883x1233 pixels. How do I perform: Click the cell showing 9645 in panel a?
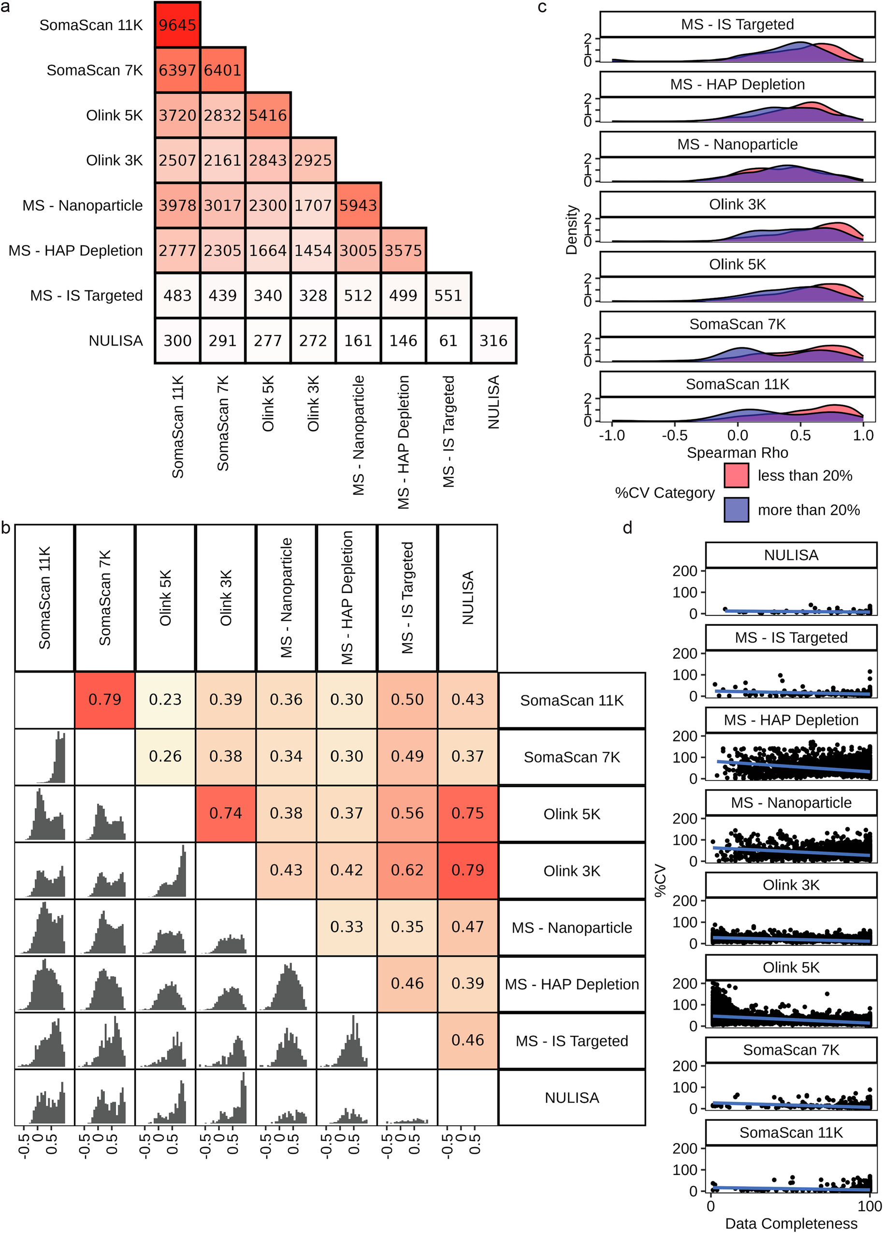(x=177, y=25)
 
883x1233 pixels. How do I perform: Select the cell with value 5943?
(x=358, y=205)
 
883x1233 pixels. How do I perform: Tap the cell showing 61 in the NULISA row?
(x=449, y=341)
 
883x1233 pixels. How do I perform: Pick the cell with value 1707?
(x=313, y=205)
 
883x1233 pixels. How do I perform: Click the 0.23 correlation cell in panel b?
(x=165, y=700)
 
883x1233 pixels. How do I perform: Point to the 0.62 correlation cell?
(x=407, y=870)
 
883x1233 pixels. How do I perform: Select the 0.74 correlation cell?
(x=226, y=813)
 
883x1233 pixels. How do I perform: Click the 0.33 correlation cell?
(x=347, y=927)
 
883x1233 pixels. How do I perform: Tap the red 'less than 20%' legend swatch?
(x=736, y=475)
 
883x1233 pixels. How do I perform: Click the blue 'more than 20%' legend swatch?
(x=736, y=510)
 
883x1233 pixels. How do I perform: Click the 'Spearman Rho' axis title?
(x=737, y=452)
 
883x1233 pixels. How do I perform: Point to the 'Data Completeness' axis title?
(x=791, y=1223)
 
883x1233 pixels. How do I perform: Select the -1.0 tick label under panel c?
(x=612, y=436)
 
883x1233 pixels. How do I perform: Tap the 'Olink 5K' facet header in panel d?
(x=791, y=968)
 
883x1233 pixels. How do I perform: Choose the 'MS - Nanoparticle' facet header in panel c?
(x=737, y=144)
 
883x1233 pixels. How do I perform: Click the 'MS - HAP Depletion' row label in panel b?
(x=572, y=984)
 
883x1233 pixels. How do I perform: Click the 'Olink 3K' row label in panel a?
(x=114, y=161)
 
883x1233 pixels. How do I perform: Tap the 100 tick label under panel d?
(x=869, y=1206)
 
